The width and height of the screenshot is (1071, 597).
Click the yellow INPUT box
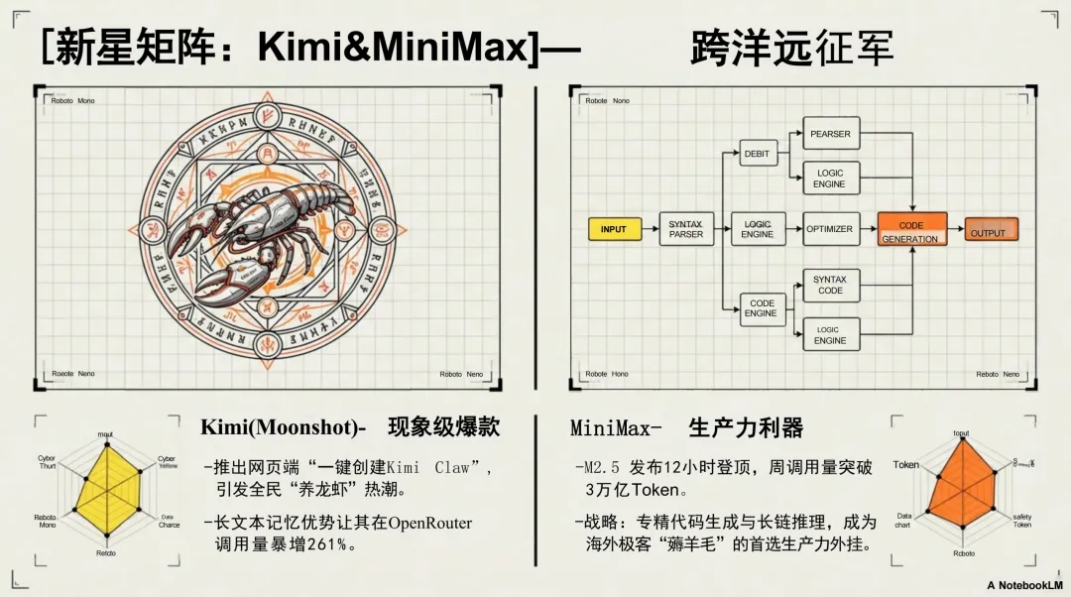tap(614, 229)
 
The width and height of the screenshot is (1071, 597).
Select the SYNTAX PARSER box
tap(685, 229)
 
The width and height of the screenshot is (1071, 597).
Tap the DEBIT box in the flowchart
tap(757, 154)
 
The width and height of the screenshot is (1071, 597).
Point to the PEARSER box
tap(830, 134)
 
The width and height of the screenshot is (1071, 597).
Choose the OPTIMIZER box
tap(829, 229)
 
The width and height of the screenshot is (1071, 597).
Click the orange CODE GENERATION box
tap(911, 229)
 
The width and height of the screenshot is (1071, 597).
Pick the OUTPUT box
tap(991, 231)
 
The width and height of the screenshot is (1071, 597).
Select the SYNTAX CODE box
tap(830, 285)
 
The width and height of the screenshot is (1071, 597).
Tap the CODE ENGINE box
tap(762, 308)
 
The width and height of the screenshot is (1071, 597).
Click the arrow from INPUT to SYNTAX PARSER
tap(649, 229)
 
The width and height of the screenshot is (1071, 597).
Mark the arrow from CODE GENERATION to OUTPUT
tap(956, 230)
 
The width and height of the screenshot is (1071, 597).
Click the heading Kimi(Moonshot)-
tap(284, 427)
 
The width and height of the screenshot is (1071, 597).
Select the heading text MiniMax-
tap(616, 428)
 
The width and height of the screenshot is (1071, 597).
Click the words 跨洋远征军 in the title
tap(791, 48)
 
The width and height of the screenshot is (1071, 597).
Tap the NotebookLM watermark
tap(1024, 585)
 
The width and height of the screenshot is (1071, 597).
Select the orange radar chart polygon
tap(959, 493)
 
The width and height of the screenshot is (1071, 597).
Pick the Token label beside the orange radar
tap(905, 464)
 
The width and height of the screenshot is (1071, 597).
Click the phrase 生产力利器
tap(746, 428)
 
